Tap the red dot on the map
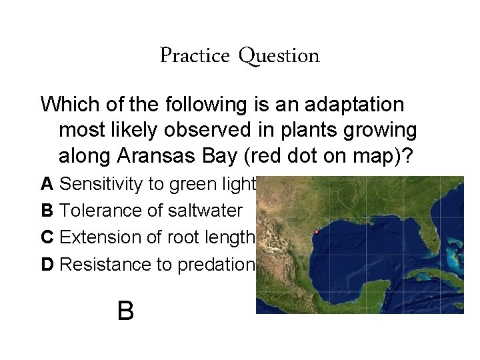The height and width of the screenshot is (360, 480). point(316,232)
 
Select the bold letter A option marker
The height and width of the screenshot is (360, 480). point(47,183)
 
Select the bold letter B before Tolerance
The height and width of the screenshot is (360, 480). point(47,211)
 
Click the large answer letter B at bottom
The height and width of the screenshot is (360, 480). point(125,310)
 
